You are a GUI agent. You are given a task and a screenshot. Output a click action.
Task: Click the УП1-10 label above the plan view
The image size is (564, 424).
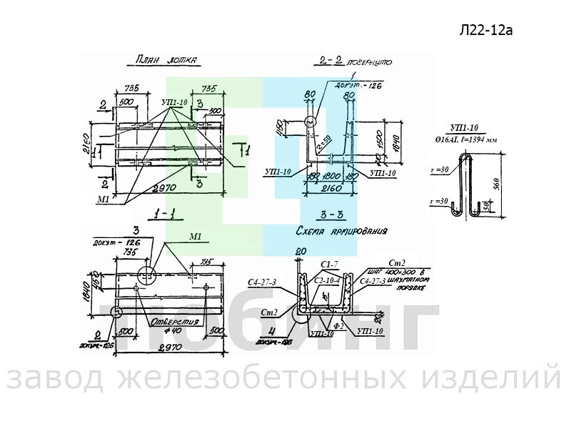tap(174, 103)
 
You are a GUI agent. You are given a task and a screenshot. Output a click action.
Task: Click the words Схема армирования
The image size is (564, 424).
tap(341, 232)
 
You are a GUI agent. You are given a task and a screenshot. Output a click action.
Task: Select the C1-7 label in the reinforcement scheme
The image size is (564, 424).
tap(329, 265)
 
